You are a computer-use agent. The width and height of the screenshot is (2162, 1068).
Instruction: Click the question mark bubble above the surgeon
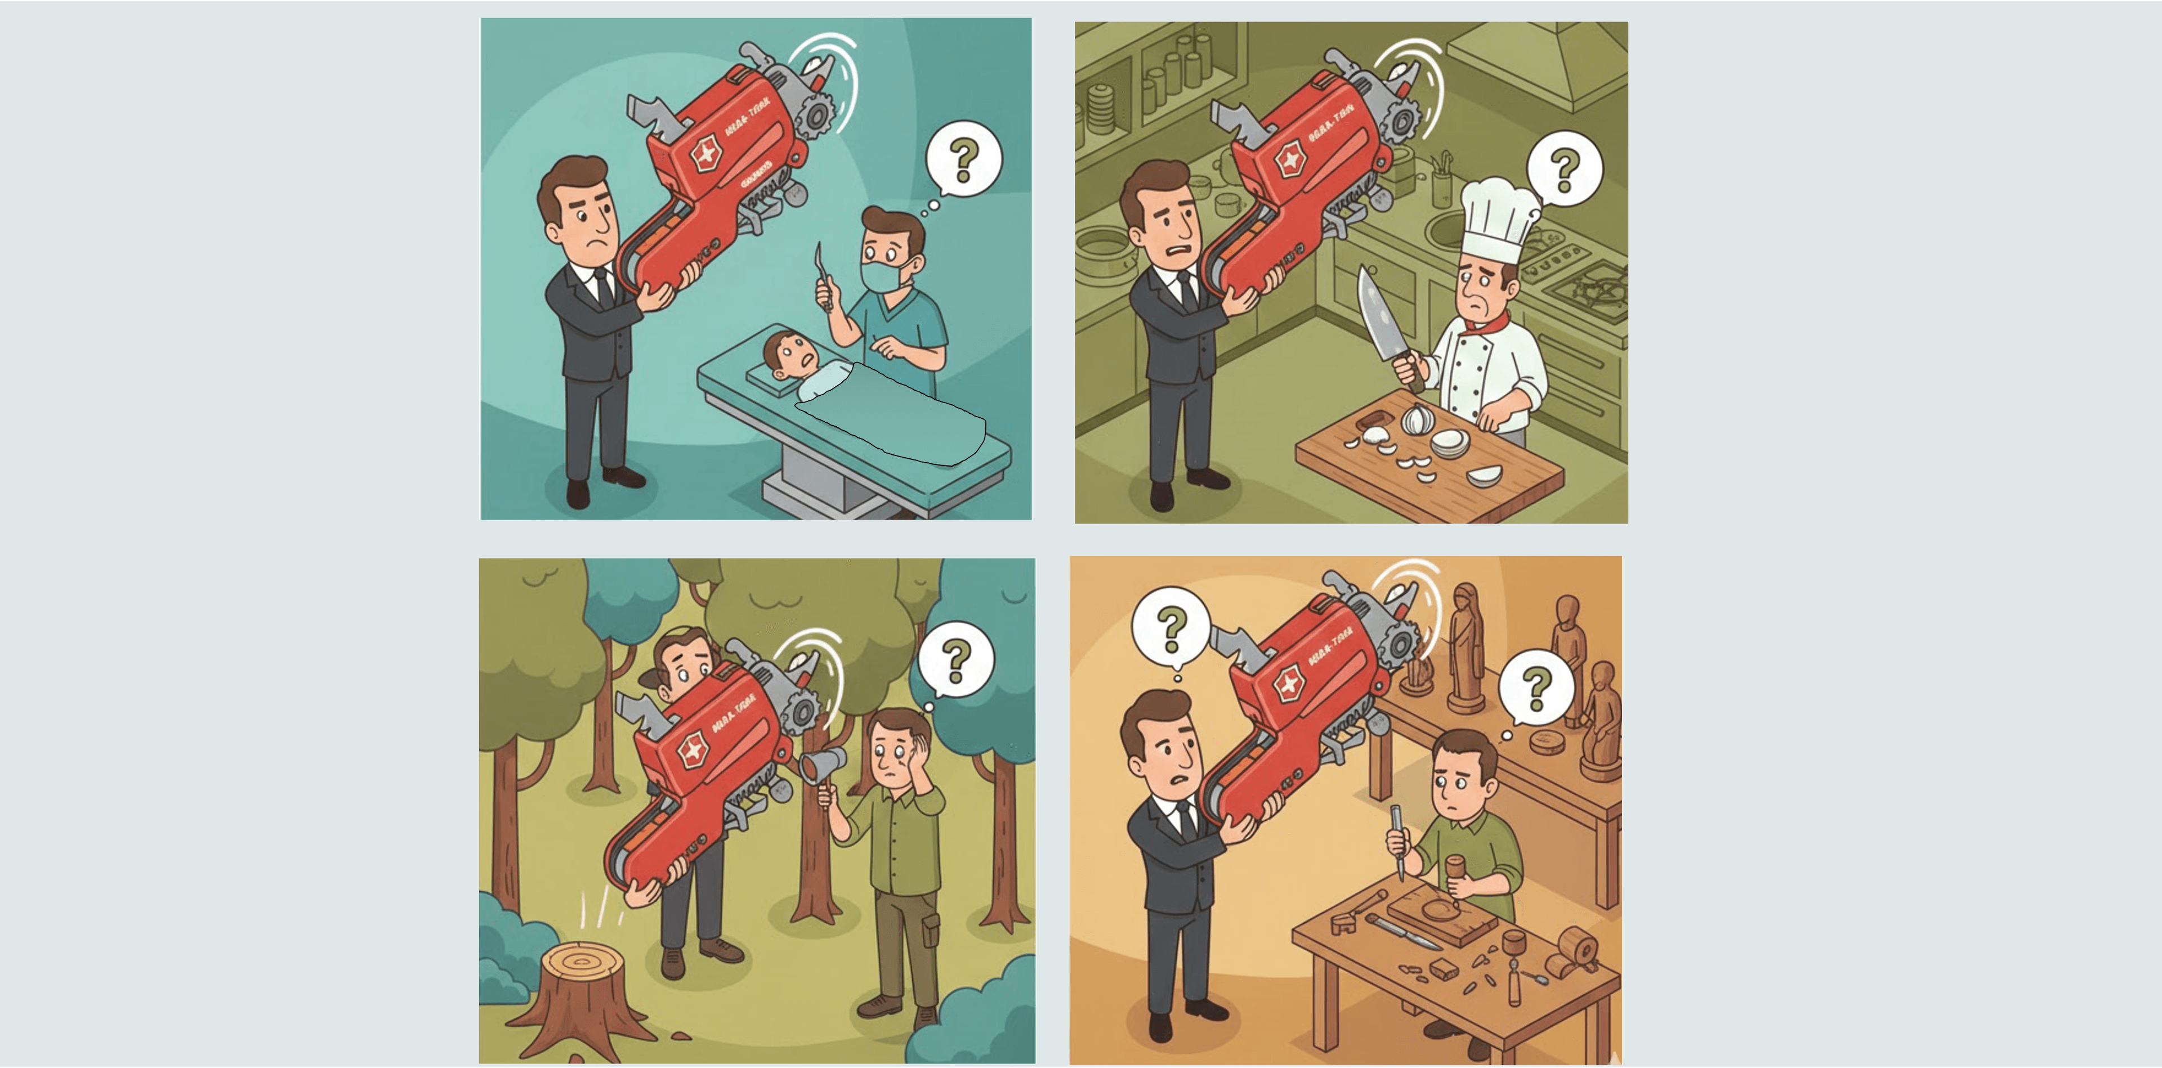click(963, 159)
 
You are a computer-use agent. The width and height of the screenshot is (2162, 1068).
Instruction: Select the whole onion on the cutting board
click(1416, 418)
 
